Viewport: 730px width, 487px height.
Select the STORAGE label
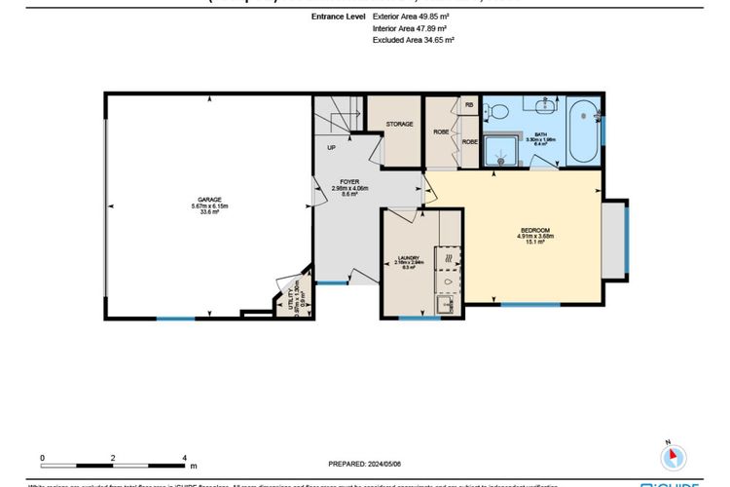tap(399, 125)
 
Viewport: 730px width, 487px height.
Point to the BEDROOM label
tap(532, 229)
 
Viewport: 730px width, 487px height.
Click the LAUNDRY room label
tap(408, 258)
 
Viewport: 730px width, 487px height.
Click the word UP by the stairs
tap(331, 148)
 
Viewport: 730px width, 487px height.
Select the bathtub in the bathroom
tap(584, 131)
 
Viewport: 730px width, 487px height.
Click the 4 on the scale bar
tap(184, 457)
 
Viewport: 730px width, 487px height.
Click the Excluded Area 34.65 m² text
tap(414, 41)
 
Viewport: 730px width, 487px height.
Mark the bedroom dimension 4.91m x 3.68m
tap(532, 236)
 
